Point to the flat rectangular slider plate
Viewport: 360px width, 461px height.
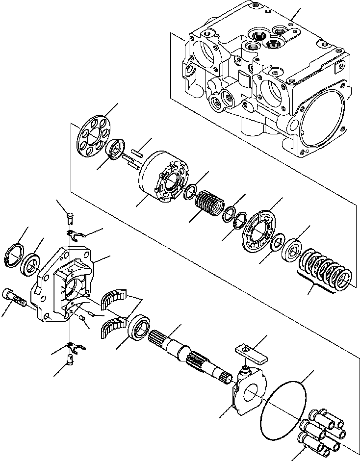coord(249,352)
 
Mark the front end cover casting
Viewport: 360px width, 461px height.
coord(64,284)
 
